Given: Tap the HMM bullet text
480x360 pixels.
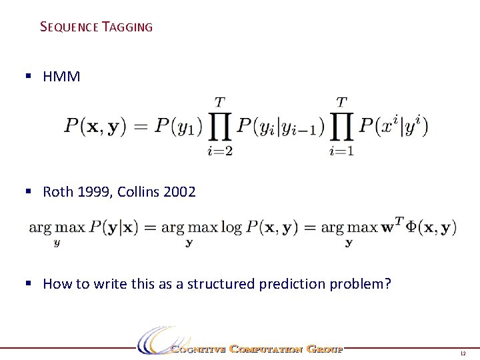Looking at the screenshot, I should point(61,77).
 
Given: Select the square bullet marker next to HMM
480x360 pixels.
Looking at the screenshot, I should point(28,77).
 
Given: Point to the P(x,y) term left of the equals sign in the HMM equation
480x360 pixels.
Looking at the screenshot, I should point(95,126).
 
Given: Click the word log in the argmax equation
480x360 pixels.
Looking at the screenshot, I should point(231,228).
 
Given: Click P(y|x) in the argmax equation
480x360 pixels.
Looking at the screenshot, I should point(113,228).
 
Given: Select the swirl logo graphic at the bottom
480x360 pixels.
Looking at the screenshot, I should point(156,341).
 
